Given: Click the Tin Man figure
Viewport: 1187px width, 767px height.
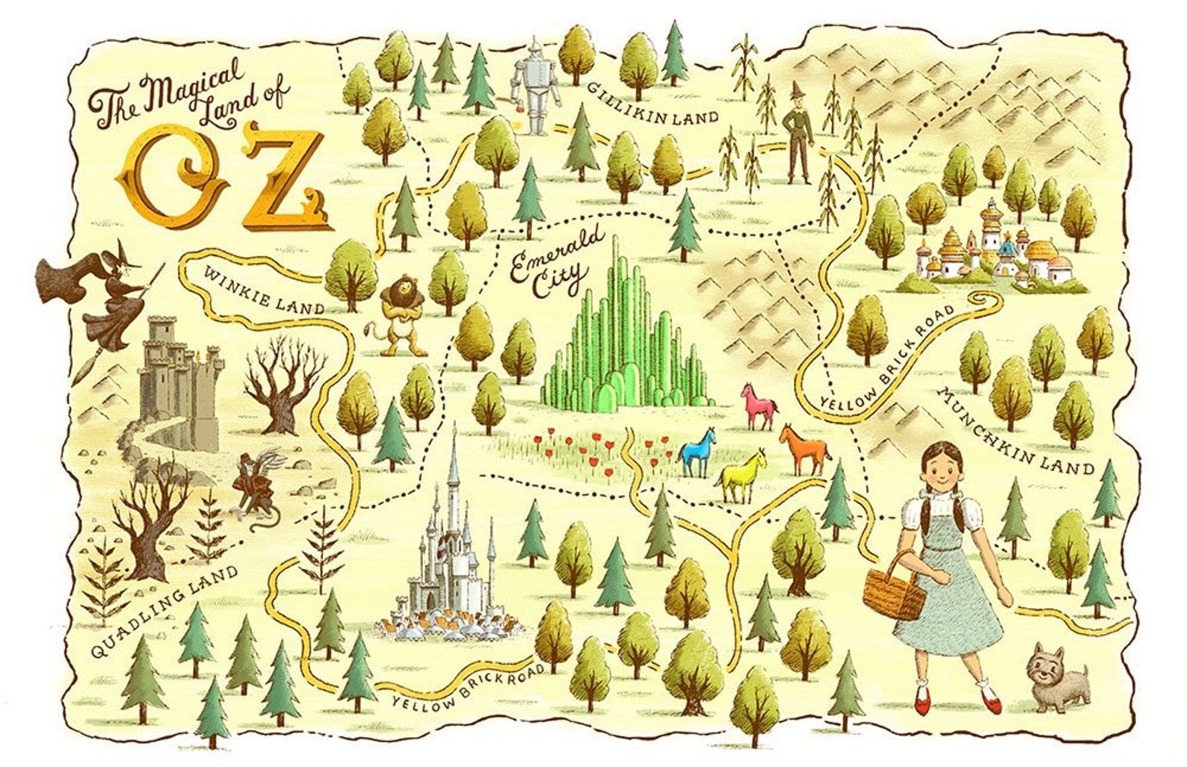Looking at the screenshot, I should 535,88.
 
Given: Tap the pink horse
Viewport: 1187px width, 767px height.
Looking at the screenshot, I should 759,406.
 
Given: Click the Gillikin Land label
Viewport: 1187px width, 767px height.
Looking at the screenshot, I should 652,103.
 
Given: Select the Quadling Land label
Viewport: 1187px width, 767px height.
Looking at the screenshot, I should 164,612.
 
